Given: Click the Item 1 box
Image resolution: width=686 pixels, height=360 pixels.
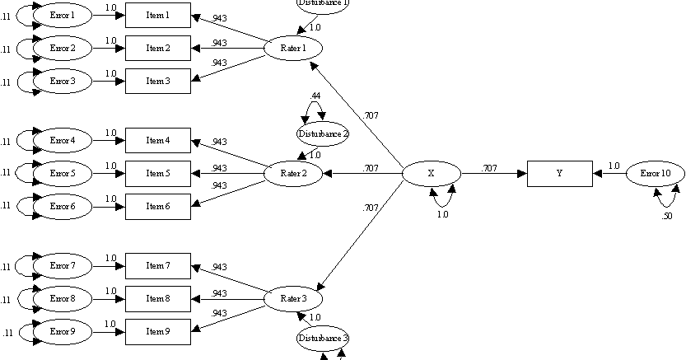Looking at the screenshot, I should pyautogui.click(x=157, y=16).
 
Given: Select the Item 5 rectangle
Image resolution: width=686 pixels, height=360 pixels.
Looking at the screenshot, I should pyautogui.click(x=157, y=174).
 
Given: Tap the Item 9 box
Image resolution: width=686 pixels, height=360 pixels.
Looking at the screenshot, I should pyautogui.click(x=157, y=331).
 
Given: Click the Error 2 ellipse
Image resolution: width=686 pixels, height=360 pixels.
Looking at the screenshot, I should pyautogui.click(x=63, y=49).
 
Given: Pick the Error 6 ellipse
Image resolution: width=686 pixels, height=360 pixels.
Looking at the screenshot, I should pyautogui.click(x=63, y=206).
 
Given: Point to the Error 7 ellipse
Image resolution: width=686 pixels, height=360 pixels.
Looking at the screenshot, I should pyautogui.click(x=63, y=266).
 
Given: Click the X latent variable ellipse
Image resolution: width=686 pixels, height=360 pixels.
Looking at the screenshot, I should pyautogui.click(x=431, y=175).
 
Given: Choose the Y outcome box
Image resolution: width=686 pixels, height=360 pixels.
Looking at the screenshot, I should pyautogui.click(x=559, y=175).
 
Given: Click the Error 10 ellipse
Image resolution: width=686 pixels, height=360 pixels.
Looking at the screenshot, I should pyautogui.click(x=655, y=175).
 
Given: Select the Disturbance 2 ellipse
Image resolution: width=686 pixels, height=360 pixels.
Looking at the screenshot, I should pyautogui.click(x=323, y=134).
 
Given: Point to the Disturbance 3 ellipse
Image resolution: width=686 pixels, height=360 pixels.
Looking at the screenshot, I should pyautogui.click(x=323, y=338).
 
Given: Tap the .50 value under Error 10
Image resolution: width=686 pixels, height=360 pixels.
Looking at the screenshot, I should pyautogui.click(x=667, y=216).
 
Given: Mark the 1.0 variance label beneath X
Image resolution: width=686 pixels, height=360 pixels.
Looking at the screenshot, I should pyautogui.click(x=442, y=214).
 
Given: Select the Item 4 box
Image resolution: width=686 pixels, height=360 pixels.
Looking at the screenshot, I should pyautogui.click(x=157, y=141).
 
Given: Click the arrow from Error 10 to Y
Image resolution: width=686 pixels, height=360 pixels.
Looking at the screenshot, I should pyautogui.click(x=609, y=175).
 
